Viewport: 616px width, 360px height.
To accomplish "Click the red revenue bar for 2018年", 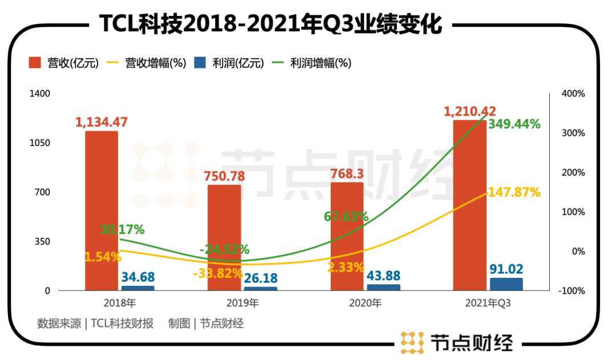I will click(102, 211).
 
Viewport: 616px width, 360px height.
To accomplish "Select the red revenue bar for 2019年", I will click(224, 237).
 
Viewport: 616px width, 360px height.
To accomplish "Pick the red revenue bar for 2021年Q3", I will click(469, 205).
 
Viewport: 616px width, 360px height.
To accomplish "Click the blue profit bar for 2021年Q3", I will click(506, 284).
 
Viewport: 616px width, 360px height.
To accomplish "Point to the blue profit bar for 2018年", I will click(137, 288).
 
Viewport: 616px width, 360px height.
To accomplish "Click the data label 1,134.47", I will click(102, 122).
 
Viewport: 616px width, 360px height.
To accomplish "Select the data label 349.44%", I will click(514, 124).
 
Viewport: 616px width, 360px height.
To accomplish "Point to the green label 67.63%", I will click(346, 217).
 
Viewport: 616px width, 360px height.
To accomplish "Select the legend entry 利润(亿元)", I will click(229, 63).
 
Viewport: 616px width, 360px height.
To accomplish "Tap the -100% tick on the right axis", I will click(572, 291).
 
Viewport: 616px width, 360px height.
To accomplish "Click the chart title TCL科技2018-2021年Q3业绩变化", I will click(271, 24).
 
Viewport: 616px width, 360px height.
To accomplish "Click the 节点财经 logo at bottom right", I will click(457, 342).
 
